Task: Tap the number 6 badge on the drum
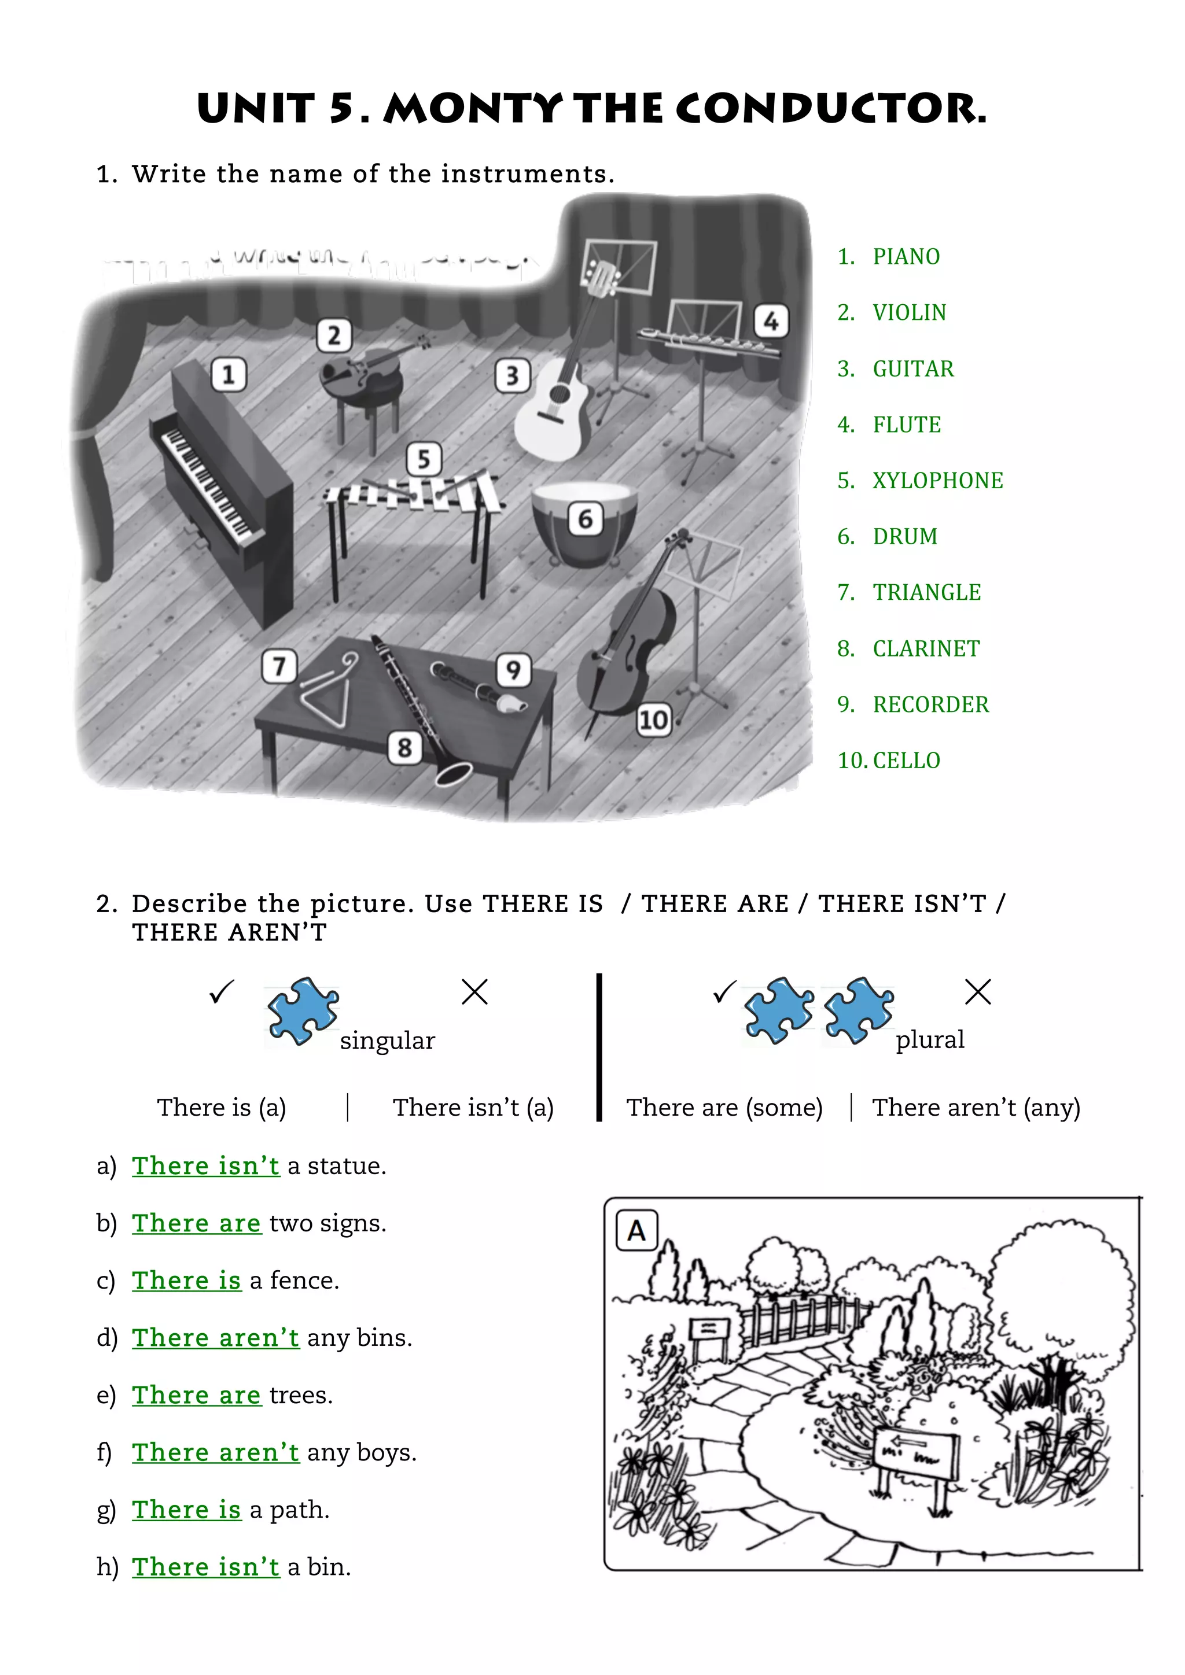pos(585,519)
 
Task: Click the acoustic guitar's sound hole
pos(561,394)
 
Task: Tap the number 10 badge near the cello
pos(653,720)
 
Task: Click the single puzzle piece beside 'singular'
pos(302,1010)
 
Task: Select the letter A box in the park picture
pos(636,1231)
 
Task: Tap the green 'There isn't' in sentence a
pos(206,1166)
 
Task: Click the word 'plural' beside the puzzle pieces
pos(930,1039)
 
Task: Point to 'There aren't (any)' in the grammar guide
pos(976,1108)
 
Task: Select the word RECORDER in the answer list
pos(930,704)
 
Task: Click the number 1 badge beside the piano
pos(229,375)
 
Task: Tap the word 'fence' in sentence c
pos(304,1281)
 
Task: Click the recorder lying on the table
pos(477,687)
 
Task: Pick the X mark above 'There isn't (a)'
pos(474,992)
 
